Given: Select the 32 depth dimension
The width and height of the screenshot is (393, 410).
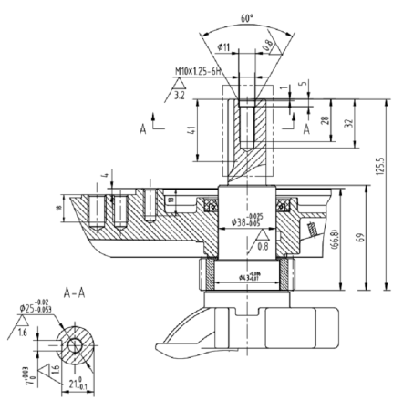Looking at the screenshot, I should (350, 121).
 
